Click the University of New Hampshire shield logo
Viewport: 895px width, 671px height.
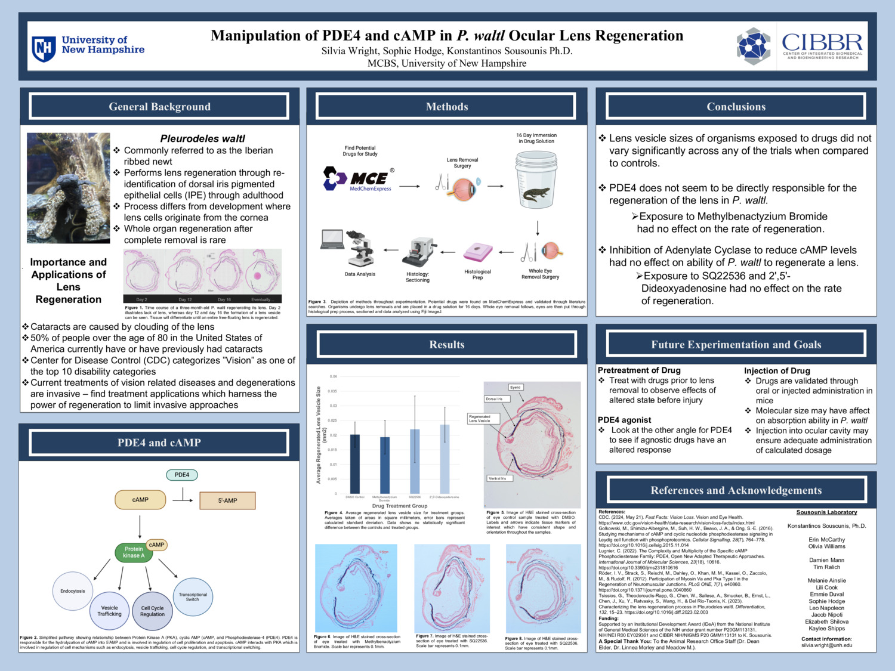44,48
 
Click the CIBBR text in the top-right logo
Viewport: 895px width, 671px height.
822,42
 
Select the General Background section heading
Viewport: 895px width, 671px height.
159,107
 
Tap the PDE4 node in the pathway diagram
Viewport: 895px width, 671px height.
182,475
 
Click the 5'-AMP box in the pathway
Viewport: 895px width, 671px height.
227,500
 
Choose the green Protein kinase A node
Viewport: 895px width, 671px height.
134,552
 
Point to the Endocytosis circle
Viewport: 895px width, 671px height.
73,591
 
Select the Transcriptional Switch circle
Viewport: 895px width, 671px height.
193,596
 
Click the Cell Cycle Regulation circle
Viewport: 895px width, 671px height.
152,611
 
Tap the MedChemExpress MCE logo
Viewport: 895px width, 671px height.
358,178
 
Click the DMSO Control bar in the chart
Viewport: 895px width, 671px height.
355,464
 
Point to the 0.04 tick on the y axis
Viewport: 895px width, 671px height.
333,376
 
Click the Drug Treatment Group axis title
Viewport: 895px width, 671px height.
399,506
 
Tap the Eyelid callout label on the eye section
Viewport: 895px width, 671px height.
516,387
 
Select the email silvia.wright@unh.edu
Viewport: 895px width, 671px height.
826,645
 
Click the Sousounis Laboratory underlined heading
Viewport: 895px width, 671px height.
826,512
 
